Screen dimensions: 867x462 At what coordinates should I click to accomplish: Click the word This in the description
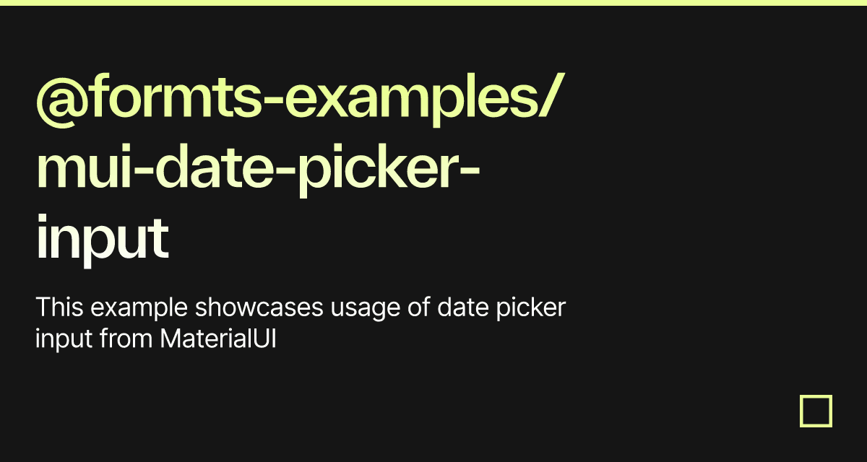tap(59, 308)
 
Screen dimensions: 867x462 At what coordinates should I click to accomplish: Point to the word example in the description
tap(139, 309)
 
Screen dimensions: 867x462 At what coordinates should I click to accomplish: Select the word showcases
tap(259, 308)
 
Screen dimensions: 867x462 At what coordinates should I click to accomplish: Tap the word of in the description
tap(418, 308)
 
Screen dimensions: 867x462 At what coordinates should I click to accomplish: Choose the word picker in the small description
tap(531, 309)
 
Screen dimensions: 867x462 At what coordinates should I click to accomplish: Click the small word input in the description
tap(64, 339)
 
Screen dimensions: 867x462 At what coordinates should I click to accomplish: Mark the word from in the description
tap(126, 339)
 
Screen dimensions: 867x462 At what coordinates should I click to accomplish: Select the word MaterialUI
tap(218, 339)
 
